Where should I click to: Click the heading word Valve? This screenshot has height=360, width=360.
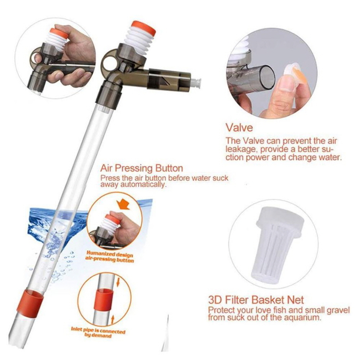(x=239, y=128)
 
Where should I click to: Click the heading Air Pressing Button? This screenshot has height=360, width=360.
(x=141, y=168)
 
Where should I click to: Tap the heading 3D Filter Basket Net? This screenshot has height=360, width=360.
(x=256, y=300)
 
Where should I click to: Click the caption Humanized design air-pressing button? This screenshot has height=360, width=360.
(x=110, y=257)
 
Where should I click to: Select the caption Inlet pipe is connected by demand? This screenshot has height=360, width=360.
(x=98, y=333)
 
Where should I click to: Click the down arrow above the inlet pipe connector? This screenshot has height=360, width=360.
(x=118, y=282)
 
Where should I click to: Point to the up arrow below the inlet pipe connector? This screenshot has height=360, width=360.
(x=113, y=319)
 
